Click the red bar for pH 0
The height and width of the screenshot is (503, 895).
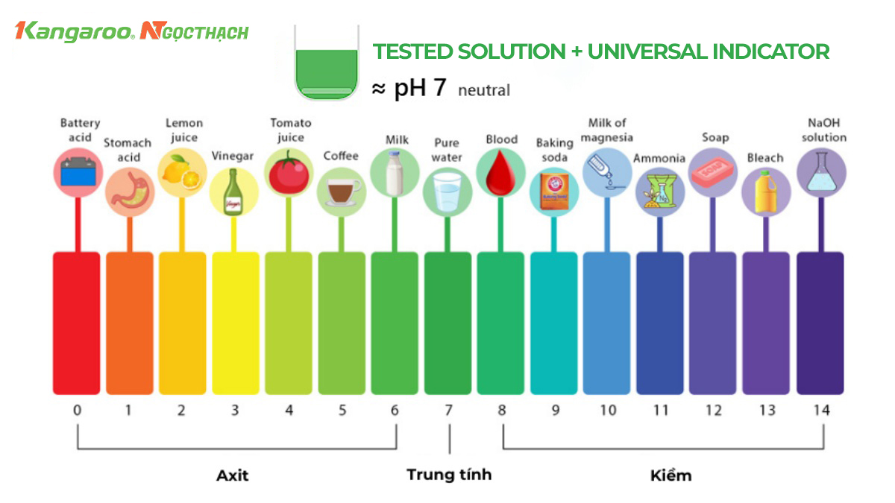[x=76, y=323]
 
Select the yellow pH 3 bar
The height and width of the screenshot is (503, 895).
[x=236, y=323]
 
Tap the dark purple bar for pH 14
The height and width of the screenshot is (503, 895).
[x=820, y=323]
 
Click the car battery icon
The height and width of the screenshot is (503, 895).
[x=78, y=171]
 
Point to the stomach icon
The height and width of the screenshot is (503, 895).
[x=131, y=192]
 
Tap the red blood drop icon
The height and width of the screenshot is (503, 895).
[x=500, y=172]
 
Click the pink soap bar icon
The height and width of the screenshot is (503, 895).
[x=713, y=172]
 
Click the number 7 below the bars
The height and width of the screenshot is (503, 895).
[x=448, y=410]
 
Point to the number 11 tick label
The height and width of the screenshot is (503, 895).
[x=661, y=410]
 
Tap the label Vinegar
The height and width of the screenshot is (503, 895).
[x=233, y=156]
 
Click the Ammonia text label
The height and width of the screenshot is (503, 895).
[x=659, y=158]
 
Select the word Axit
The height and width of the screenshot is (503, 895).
[x=232, y=475]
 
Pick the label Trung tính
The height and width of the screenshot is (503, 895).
[x=449, y=475]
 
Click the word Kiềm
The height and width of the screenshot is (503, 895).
[x=671, y=475]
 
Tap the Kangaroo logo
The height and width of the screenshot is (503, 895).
[x=75, y=31]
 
